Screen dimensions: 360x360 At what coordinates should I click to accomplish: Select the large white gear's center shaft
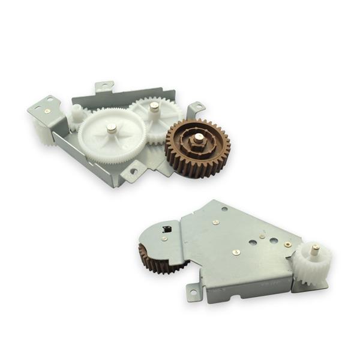coord(112,127)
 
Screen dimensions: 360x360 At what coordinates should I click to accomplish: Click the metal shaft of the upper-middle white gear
coord(154,107)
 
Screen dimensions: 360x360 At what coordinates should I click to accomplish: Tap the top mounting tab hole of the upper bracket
coord(103,85)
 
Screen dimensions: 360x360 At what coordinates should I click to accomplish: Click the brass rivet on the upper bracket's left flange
coord(47,110)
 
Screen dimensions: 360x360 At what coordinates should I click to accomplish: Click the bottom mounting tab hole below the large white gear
coord(133,172)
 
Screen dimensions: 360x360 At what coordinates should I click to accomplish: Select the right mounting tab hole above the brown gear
coord(194,109)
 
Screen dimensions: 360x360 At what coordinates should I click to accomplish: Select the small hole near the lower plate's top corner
coord(224,209)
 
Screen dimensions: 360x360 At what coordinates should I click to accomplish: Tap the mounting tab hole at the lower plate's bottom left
coord(193,293)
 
